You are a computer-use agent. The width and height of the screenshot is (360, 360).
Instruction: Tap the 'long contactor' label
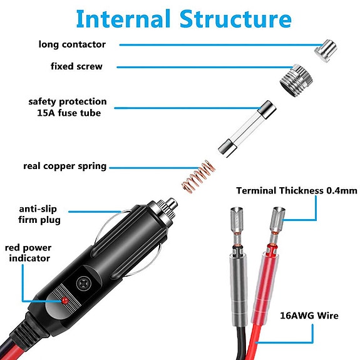(72, 44)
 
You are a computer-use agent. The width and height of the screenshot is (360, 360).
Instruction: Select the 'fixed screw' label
(76, 66)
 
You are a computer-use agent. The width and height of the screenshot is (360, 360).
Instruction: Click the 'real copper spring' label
(64, 166)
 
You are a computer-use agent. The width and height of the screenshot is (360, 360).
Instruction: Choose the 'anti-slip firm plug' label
(39, 215)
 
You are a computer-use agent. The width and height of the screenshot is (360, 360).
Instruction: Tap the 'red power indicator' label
(29, 253)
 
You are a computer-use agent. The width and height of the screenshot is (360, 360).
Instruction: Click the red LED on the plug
(64, 302)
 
